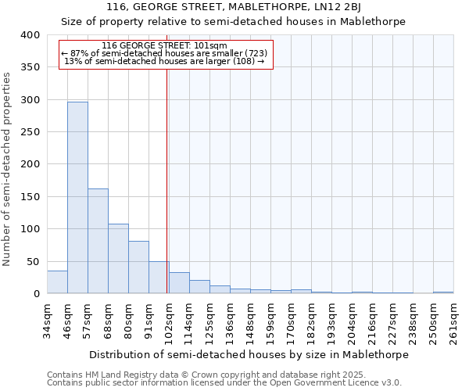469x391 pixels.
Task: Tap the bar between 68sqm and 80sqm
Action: click(118, 259)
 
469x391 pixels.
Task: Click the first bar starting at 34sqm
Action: click(57, 282)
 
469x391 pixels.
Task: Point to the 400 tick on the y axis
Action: click(29, 35)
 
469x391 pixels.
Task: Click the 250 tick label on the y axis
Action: click(29, 132)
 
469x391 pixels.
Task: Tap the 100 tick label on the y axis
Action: click(29, 229)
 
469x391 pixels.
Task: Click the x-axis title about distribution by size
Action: click(249, 354)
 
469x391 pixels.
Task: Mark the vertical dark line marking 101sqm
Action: click(167, 180)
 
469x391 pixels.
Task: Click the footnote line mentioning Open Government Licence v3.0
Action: click(224, 382)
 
